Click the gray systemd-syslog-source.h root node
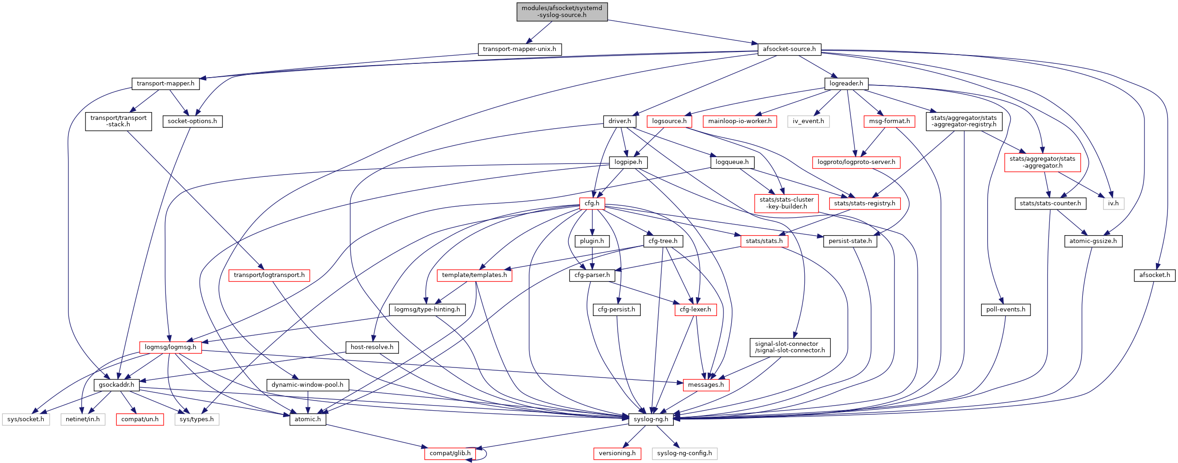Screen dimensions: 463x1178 click(562, 11)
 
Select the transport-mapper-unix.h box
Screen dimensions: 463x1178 click(519, 49)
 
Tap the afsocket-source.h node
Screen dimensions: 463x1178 click(789, 49)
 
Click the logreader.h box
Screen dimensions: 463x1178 click(846, 84)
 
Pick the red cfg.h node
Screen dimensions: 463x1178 click(592, 203)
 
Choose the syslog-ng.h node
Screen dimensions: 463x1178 click(651, 419)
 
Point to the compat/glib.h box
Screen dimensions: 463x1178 click(450, 453)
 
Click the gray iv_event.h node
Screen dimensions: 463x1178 click(808, 121)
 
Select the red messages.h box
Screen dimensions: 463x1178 click(706, 385)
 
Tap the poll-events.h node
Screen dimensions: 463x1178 click(1005, 310)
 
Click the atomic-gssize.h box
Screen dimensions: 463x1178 click(1093, 241)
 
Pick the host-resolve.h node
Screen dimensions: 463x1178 click(372, 347)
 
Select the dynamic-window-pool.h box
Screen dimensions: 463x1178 click(307, 385)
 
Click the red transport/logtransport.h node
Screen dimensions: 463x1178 click(269, 275)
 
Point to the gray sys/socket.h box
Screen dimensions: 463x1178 click(26, 419)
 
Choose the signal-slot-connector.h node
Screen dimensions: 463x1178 click(790, 347)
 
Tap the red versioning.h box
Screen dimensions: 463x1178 click(617, 453)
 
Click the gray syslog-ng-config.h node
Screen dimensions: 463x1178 click(684, 453)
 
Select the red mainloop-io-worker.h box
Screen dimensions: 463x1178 click(740, 121)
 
